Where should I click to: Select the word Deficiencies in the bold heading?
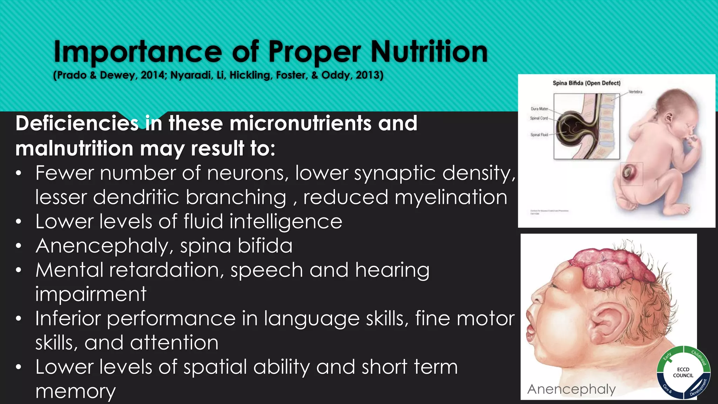point(77,123)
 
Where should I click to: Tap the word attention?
point(174,343)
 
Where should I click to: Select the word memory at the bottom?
point(75,391)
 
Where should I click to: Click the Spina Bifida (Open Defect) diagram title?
point(587,83)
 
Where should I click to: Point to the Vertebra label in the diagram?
point(635,92)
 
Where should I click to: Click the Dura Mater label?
point(539,109)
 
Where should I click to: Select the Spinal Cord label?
point(539,118)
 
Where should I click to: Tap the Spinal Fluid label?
point(539,135)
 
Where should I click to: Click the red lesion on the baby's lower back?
point(627,173)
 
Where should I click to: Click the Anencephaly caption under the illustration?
point(571,389)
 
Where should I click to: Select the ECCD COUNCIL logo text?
point(683,372)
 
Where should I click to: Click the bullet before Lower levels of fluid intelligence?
point(19,222)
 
